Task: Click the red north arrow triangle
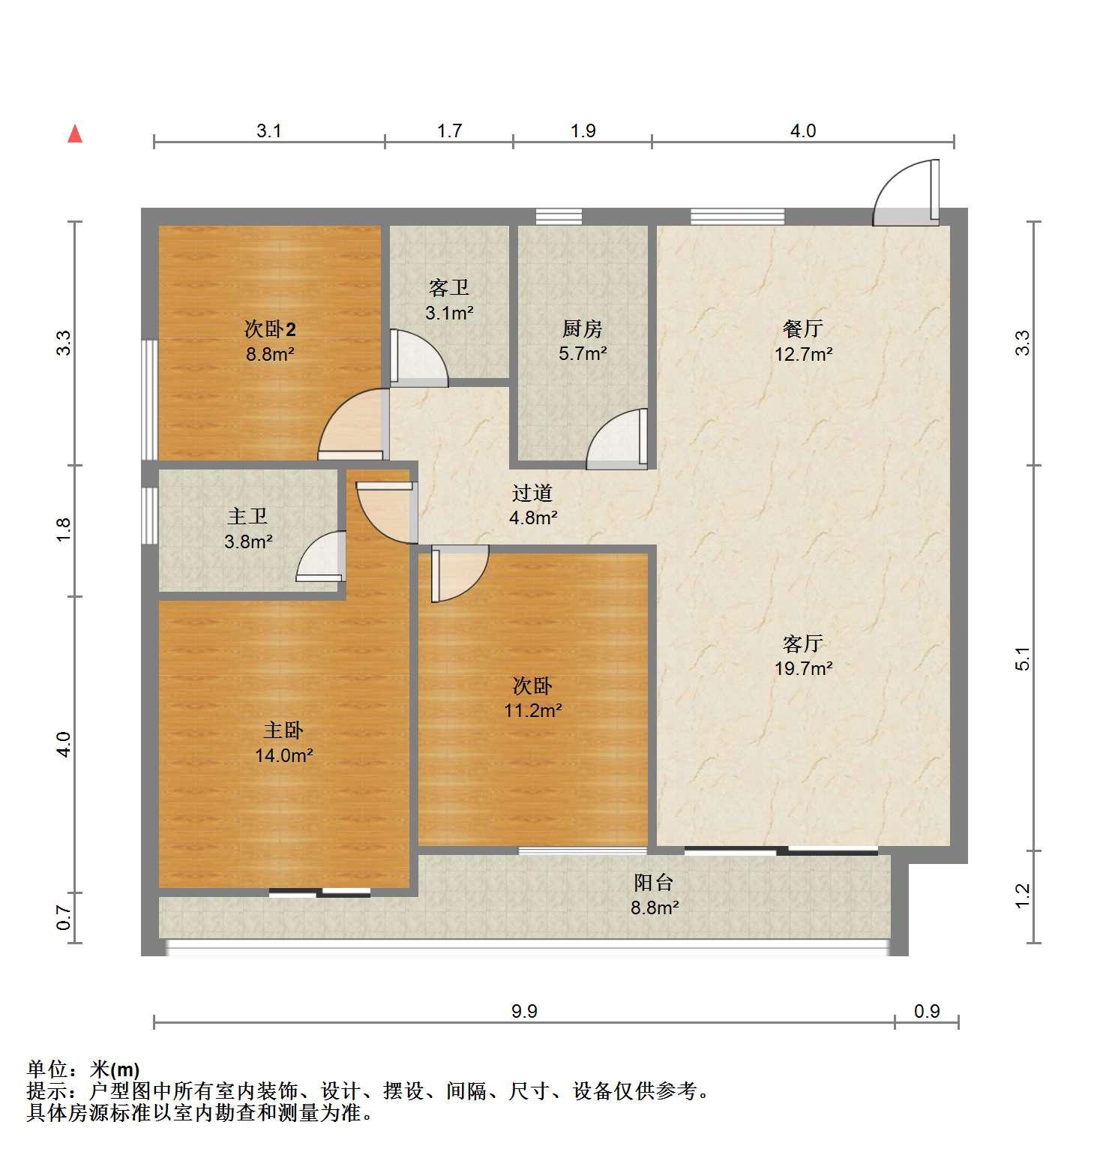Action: tap(75, 133)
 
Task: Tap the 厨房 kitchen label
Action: tap(583, 328)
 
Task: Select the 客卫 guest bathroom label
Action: tap(449, 288)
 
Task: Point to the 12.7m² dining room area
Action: tap(803, 353)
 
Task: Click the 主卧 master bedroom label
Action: tap(283, 730)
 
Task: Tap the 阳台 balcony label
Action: tap(654, 883)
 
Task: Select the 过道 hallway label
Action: tap(532, 493)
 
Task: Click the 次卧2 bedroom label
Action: tap(270, 328)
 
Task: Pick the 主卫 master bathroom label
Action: tap(247, 516)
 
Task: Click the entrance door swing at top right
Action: tap(906, 192)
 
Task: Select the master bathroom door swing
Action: tap(321, 556)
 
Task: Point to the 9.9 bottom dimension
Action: tap(524, 1012)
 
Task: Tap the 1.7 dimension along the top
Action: tap(449, 131)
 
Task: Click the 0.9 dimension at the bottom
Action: tap(927, 1012)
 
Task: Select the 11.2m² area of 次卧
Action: tap(533, 710)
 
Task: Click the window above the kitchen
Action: tap(559, 216)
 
